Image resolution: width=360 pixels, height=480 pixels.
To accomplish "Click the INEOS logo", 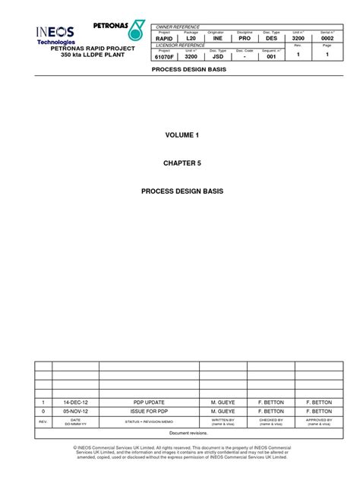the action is click(57, 33).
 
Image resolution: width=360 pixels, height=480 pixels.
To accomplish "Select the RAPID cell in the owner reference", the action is click(164, 37).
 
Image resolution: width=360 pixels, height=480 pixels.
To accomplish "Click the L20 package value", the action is click(191, 37).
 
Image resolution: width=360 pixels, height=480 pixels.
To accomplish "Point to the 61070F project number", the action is click(165, 55).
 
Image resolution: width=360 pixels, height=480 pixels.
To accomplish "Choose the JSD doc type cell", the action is click(217, 55).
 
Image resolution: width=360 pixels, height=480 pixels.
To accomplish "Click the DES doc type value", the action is click(271, 37).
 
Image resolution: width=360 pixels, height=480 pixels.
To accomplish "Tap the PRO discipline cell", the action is click(245, 37).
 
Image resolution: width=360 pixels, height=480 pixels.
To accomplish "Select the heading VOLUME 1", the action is click(181, 134).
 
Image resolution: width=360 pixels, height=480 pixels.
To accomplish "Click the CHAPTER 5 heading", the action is click(181, 163).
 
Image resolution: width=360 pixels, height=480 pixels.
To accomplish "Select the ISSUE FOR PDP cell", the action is click(149, 410).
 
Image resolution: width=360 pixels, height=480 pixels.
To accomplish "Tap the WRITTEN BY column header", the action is click(223, 421).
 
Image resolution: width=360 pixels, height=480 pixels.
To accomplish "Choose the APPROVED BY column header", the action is click(319, 421).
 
